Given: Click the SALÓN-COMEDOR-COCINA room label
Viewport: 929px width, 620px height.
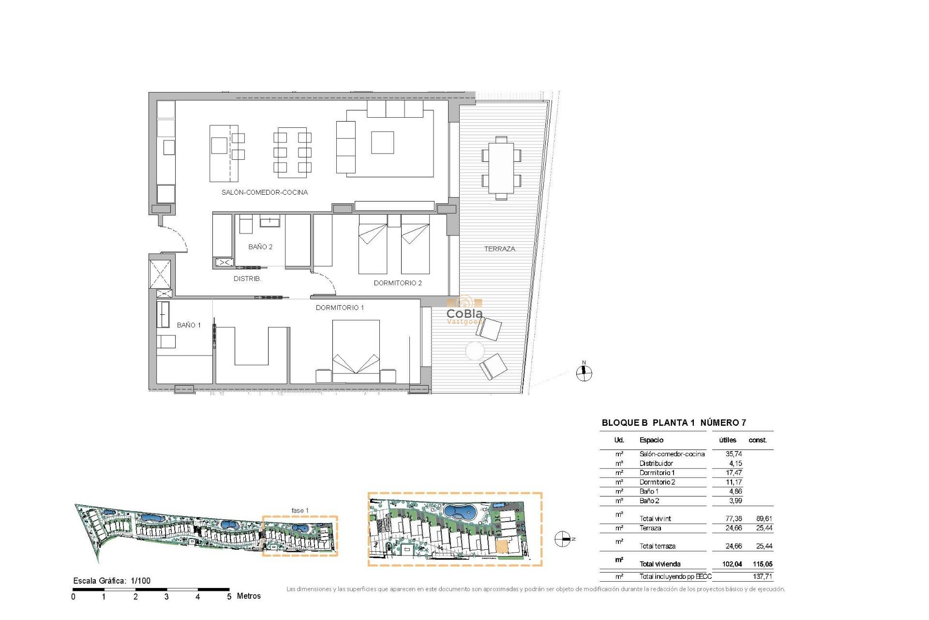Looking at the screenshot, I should [264, 192].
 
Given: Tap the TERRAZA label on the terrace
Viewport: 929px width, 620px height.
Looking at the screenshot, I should [499, 249].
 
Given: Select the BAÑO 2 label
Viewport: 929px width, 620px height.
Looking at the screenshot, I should [260, 247].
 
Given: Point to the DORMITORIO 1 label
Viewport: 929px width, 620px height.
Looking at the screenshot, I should [340, 308].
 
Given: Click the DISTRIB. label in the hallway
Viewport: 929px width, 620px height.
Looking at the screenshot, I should [247, 279].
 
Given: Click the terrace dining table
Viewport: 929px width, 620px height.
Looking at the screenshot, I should [501, 168].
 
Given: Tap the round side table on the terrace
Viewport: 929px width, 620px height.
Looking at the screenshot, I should [475, 351].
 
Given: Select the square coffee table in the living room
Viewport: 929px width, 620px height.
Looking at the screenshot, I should [382, 142].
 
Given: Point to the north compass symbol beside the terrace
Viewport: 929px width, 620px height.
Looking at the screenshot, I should [584, 372].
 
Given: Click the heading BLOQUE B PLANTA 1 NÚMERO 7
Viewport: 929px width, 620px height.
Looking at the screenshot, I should [674, 422].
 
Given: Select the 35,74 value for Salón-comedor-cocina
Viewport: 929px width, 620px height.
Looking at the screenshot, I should [734, 454].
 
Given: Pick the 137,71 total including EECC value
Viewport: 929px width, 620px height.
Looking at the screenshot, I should [762, 576].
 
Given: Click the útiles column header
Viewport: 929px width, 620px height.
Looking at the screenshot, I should [727, 440].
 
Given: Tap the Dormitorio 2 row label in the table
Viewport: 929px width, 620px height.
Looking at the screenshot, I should [657, 482].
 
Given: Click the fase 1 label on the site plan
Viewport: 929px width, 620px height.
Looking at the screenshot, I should [300, 511].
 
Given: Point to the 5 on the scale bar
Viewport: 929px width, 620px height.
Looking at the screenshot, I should [229, 597].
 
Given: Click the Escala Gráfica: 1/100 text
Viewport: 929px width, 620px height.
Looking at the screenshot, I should [112, 580].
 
